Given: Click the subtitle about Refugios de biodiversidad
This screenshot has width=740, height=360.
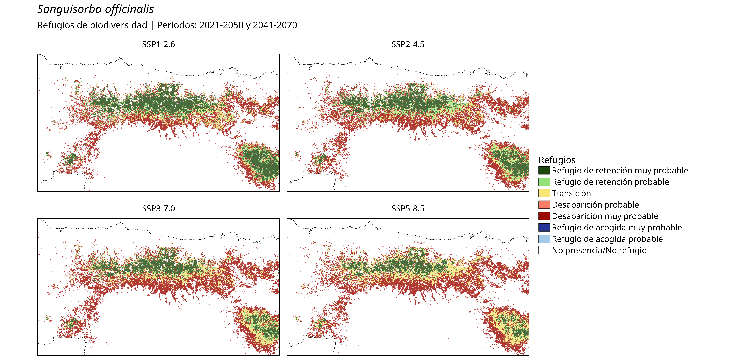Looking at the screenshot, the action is point(167,25).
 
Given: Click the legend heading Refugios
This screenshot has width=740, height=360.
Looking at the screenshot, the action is point(557,160).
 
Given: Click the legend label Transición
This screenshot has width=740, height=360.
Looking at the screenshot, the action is point(571,193).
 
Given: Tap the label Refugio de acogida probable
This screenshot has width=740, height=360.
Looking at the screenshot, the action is point(607,239).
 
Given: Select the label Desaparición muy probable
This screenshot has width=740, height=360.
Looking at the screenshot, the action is point(605,216).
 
